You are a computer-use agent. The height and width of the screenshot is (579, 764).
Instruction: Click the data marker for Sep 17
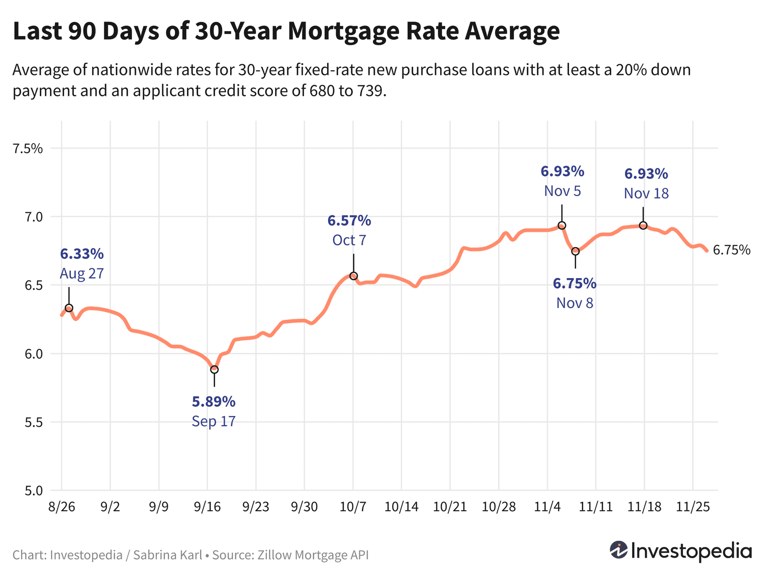pos(214,369)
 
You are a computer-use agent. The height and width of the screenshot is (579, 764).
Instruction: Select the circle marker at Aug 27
pos(69,308)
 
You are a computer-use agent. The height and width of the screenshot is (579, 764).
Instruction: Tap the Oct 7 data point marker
pos(353,276)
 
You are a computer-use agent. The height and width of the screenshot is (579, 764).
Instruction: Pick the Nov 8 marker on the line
pos(576,251)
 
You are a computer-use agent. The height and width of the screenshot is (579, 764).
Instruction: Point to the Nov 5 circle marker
pos(562,226)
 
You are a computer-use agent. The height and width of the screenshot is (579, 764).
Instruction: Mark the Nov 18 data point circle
pos(643,226)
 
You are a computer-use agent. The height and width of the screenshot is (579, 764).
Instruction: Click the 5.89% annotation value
pos(213,402)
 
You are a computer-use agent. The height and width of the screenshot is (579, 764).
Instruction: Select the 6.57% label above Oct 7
pos(349,220)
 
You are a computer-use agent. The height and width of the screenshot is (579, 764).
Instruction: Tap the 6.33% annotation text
pos(82,254)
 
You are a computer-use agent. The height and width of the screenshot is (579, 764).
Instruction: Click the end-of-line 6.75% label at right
pos(731,250)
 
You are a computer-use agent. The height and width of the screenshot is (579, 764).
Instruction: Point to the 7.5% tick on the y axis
pos(28,149)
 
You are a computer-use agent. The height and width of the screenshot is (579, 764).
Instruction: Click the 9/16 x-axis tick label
pos(207,507)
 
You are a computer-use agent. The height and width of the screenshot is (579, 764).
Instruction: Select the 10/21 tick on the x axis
pos(450,507)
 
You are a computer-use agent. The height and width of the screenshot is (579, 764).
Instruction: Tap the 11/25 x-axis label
pos(692,507)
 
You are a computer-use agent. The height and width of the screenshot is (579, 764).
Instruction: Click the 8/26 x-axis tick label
pos(62,507)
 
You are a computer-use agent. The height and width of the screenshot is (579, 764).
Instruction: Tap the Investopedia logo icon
pos(618,550)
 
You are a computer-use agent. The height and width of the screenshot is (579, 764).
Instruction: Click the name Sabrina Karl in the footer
pos(167,555)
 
